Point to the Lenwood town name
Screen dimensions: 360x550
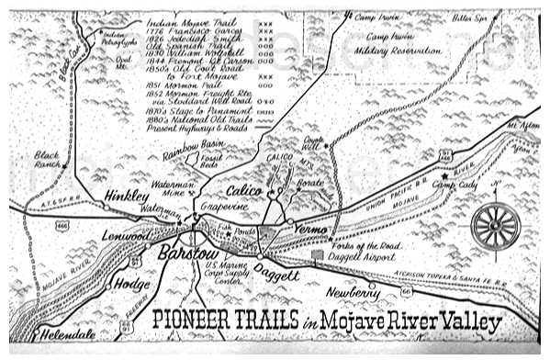124,238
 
